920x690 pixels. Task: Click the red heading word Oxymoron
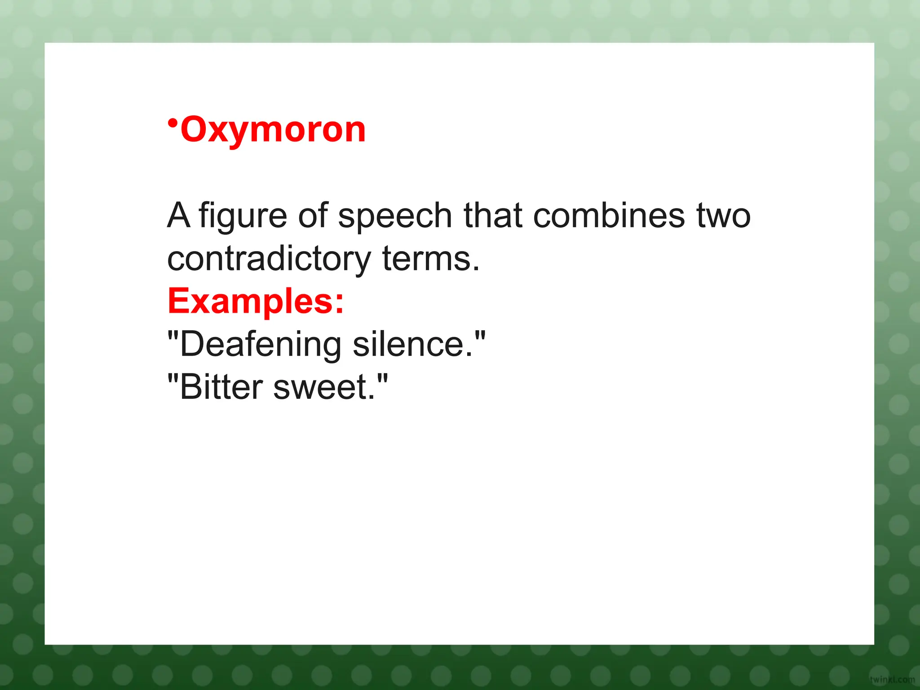click(x=273, y=130)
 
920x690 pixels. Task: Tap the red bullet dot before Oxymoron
click(x=172, y=123)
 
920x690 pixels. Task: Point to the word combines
click(x=609, y=216)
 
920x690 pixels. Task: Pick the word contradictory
click(x=269, y=260)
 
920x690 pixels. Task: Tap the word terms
click(x=430, y=260)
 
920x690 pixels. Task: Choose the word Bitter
click(x=221, y=387)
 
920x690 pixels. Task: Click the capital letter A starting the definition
click(x=179, y=216)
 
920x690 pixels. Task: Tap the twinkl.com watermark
click(x=892, y=680)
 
